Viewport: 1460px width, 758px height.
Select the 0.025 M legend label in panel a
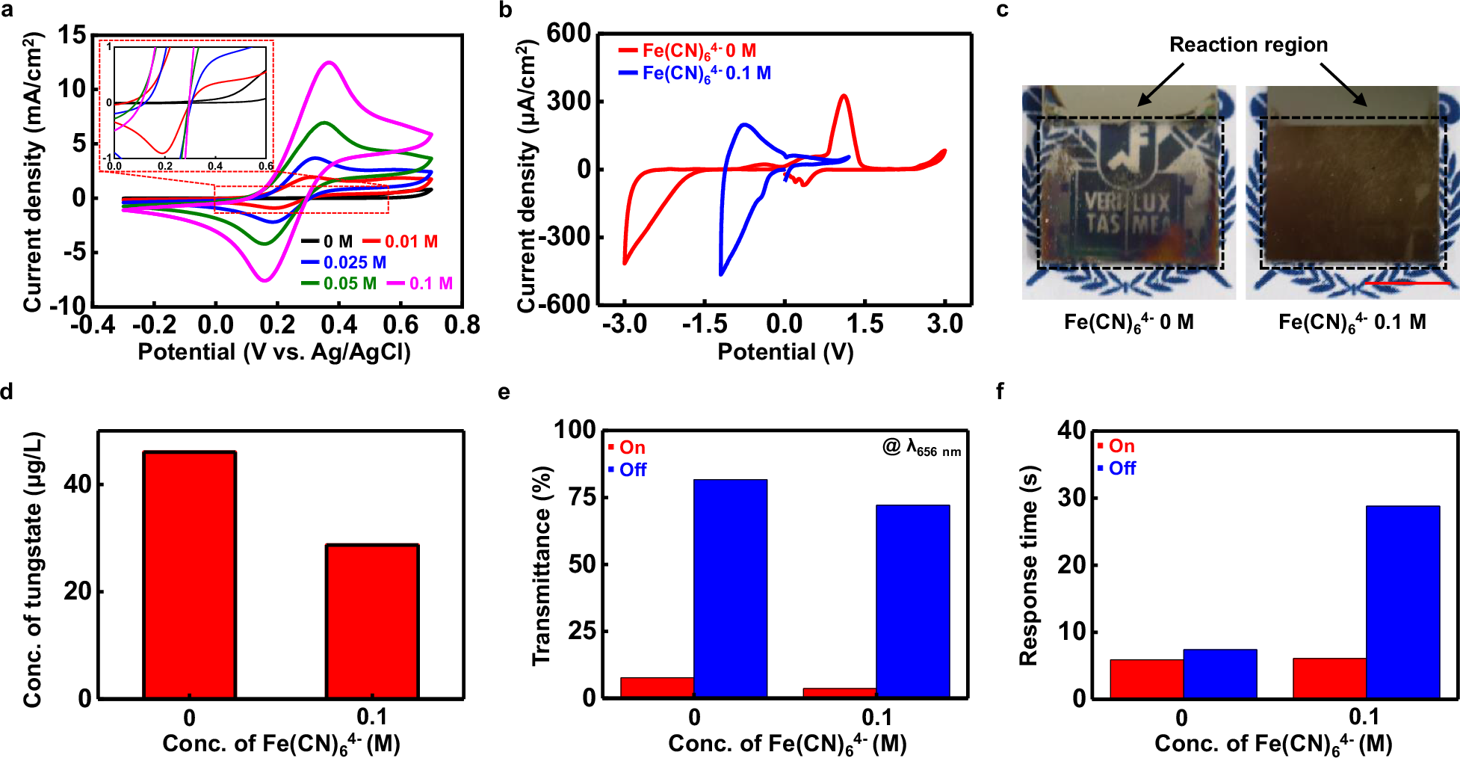click(354, 262)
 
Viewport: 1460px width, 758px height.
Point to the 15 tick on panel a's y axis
click(72, 35)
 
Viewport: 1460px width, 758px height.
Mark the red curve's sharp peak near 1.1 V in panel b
click(844, 96)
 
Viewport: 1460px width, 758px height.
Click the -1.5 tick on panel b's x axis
click(704, 324)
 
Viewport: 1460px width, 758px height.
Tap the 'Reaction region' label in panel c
click(1248, 45)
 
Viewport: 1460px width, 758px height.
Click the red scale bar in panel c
click(1406, 284)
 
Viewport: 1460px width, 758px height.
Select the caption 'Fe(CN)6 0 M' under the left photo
click(1128, 322)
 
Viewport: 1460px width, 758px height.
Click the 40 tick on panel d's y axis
click(77, 484)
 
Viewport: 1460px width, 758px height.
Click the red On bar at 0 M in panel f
click(1146, 678)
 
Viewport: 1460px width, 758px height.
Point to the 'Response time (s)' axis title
click(1029, 564)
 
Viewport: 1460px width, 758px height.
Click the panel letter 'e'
click(504, 392)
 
